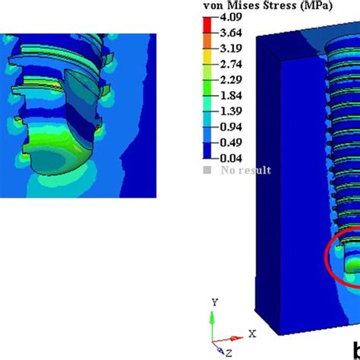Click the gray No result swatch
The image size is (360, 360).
[207, 171]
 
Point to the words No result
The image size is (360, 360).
[247, 171]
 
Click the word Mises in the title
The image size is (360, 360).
[242, 5]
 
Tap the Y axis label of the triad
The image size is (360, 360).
[215, 302]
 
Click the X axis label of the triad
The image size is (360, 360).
[251, 333]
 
